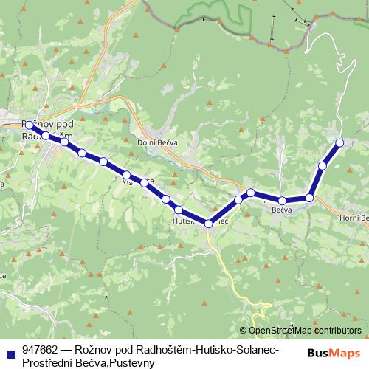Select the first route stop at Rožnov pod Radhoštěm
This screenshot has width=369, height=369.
click(29, 125)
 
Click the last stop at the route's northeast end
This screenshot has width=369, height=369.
click(339, 142)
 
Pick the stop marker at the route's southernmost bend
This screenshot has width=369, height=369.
click(209, 223)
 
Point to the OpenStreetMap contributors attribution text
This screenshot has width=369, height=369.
click(305, 331)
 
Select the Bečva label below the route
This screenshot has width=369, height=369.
click(283, 210)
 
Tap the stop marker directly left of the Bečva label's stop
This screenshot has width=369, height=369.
click(251, 193)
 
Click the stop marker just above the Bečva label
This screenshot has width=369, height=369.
click(282, 200)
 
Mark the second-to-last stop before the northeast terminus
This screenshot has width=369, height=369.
click(323, 165)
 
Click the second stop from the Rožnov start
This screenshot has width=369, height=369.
click(46, 135)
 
